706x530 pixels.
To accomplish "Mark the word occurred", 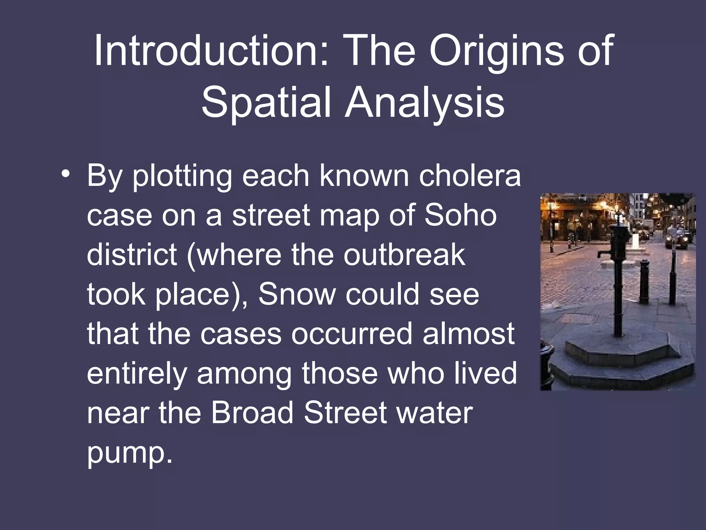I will pyautogui.click(x=352, y=334).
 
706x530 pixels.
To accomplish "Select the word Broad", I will pyautogui.click(x=252, y=413).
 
